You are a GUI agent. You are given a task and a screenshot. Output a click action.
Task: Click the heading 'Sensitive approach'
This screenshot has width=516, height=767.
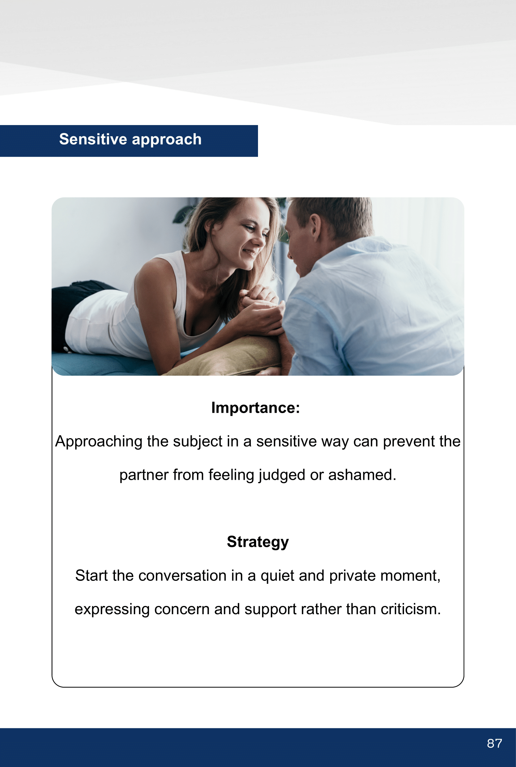pyautogui.click(x=130, y=139)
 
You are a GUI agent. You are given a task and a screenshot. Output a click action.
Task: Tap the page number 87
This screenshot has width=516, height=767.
pyautogui.click(x=494, y=743)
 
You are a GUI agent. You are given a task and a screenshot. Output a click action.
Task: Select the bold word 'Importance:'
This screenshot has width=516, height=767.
pyautogui.click(x=256, y=408)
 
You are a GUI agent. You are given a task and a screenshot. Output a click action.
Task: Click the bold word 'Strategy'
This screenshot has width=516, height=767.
pyautogui.click(x=258, y=542)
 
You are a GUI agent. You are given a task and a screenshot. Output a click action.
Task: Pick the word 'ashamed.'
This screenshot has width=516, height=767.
pyautogui.click(x=362, y=475)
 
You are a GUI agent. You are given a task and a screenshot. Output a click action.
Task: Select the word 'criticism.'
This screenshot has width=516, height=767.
pyautogui.click(x=411, y=609)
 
